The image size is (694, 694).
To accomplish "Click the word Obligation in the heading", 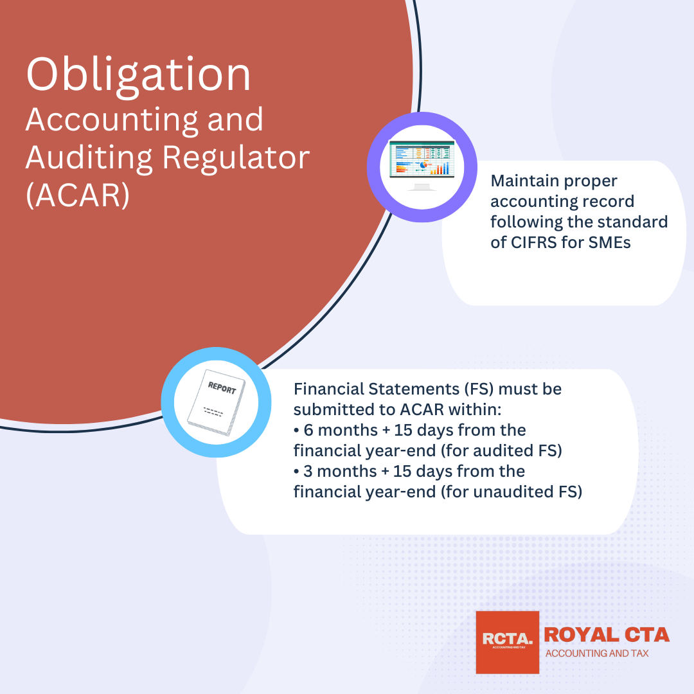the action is (x=139, y=75).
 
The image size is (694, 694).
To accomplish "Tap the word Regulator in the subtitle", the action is (x=236, y=159).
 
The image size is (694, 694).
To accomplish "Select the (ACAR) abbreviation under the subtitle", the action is (x=78, y=195).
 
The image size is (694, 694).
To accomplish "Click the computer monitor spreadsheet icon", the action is (x=422, y=165).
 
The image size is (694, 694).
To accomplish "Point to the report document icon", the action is (x=216, y=402).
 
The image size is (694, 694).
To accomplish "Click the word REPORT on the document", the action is (x=222, y=387).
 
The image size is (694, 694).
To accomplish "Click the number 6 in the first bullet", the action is (x=308, y=430).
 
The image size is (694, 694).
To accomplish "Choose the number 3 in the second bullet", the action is (x=308, y=472).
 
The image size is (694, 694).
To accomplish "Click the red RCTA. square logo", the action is (x=507, y=642).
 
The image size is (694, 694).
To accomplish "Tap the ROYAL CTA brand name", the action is (x=607, y=635).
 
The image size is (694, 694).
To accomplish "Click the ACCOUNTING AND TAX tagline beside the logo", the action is (x=596, y=654).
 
